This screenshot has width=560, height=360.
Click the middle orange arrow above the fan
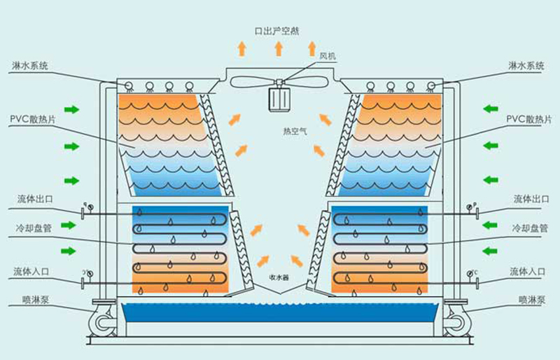click(278, 48)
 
